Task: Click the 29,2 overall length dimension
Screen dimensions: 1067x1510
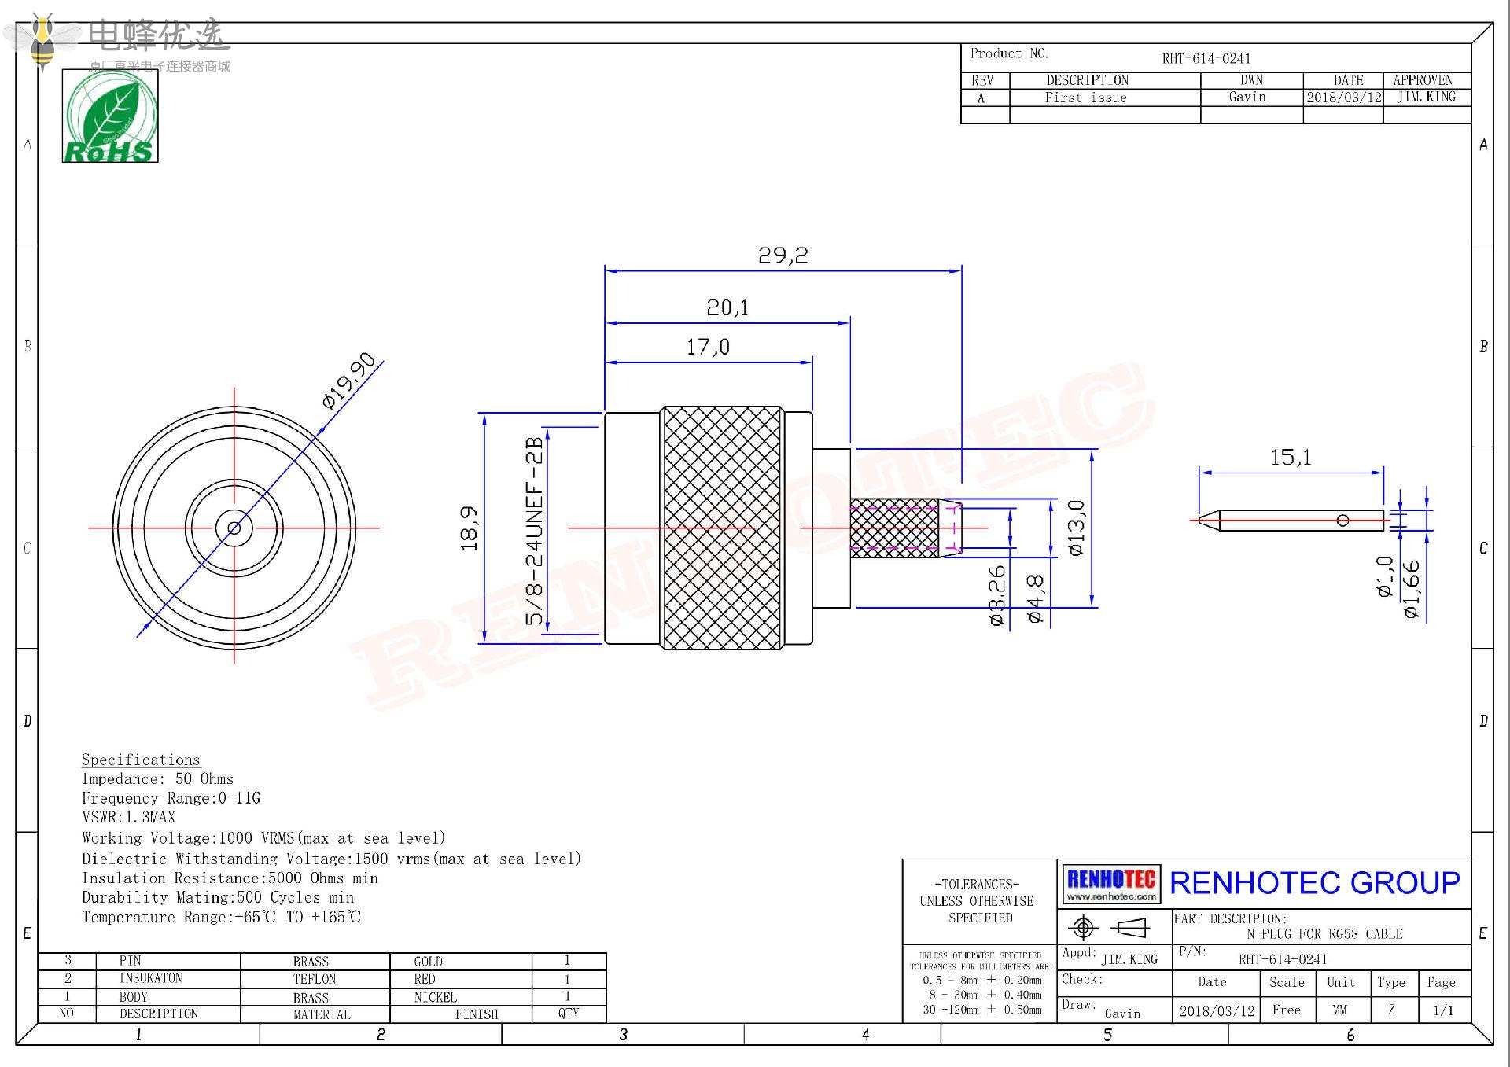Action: [783, 256]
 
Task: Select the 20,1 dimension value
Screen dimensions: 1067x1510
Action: [727, 307]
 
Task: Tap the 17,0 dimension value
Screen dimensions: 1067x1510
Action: [708, 347]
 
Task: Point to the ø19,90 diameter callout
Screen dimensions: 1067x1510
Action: [349, 381]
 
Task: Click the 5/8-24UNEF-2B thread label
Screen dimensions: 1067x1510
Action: [535, 531]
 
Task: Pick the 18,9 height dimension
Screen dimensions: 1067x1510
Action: [470, 528]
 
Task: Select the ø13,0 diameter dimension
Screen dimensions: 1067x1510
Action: [1077, 528]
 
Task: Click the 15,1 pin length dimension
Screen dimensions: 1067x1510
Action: [1291, 458]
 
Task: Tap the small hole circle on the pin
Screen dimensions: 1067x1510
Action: [1342, 521]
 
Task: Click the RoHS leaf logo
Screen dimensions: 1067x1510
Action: [110, 116]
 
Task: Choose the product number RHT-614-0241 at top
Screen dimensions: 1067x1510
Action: [1206, 59]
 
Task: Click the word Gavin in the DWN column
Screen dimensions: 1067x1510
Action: [1247, 98]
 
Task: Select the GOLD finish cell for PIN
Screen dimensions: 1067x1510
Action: [428, 962]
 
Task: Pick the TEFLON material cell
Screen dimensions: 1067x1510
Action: [314, 979]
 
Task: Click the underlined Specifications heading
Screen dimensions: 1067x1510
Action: [141, 760]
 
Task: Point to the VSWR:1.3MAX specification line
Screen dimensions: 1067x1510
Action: [128, 818]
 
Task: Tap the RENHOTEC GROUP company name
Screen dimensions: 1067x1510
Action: [1314, 883]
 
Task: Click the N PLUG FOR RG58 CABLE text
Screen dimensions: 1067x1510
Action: [1324, 934]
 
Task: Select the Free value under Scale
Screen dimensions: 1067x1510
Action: [1286, 1010]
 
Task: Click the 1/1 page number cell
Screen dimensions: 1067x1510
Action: [1443, 1010]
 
